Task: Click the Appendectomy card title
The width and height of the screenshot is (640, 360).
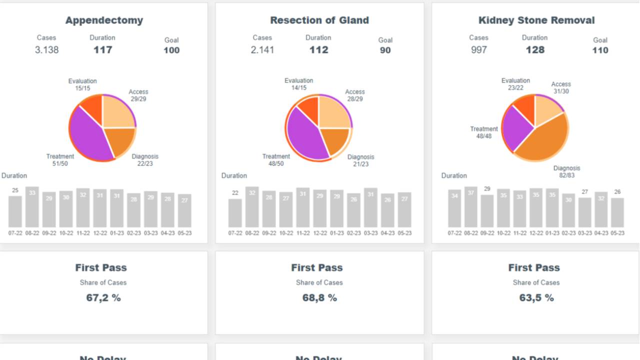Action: tap(104, 20)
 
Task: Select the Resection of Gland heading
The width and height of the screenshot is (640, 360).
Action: tap(319, 20)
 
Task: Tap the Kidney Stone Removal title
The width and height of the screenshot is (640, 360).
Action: tap(536, 20)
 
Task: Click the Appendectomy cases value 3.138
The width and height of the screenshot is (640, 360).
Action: tap(46, 50)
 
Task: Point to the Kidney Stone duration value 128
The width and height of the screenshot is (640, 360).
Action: tap(534, 50)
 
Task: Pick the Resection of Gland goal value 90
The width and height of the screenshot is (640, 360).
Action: tap(385, 50)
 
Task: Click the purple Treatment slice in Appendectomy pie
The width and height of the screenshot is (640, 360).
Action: tap(90, 135)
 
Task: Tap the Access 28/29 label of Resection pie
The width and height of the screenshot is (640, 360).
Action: tap(355, 95)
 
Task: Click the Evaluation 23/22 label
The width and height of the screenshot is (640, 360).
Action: tap(515, 84)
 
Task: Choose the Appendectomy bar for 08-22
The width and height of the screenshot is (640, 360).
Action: tap(32, 207)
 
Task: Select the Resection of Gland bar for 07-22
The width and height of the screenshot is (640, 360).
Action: tap(235, 213)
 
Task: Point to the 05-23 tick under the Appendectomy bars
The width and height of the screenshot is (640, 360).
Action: tap(184, 233)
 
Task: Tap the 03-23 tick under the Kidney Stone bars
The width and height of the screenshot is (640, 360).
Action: tap(584, 233)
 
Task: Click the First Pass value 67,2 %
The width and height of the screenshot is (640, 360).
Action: tap(103, 298)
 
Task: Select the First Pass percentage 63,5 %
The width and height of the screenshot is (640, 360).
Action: tap(536, 298)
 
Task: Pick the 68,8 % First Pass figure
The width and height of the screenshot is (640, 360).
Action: tap(319, 298)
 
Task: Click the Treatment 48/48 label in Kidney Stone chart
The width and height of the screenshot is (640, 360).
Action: tap(484, 132)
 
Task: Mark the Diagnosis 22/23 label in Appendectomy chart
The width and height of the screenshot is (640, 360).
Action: tap(145, 159)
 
